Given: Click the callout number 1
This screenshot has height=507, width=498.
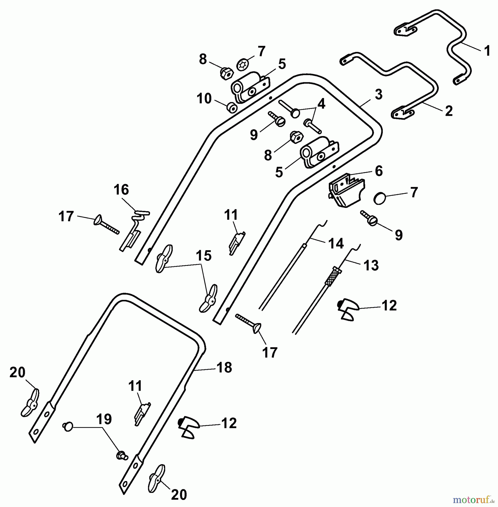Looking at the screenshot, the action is pos(487,51).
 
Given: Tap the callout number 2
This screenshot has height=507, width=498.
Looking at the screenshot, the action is pos(449,111).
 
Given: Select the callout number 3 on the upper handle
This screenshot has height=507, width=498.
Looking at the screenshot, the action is pos(379,94).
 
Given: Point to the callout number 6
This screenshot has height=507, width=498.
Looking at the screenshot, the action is pos(378,171).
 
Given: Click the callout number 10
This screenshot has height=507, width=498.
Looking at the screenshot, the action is pos(204,99).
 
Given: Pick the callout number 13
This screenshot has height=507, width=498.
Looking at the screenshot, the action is pos(371,265).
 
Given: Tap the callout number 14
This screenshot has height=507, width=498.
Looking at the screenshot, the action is pos(336,243).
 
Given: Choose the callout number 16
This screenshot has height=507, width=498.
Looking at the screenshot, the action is pos(121,190).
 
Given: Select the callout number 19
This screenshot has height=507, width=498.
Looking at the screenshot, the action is pos(104,419).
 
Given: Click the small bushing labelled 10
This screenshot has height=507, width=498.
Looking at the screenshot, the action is pos(232,108).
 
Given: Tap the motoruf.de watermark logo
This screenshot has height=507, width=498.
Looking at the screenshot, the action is pos(474,500).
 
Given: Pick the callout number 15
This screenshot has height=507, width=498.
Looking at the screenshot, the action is pos(204,256).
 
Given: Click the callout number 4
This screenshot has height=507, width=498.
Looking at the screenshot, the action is pos(321,104).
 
